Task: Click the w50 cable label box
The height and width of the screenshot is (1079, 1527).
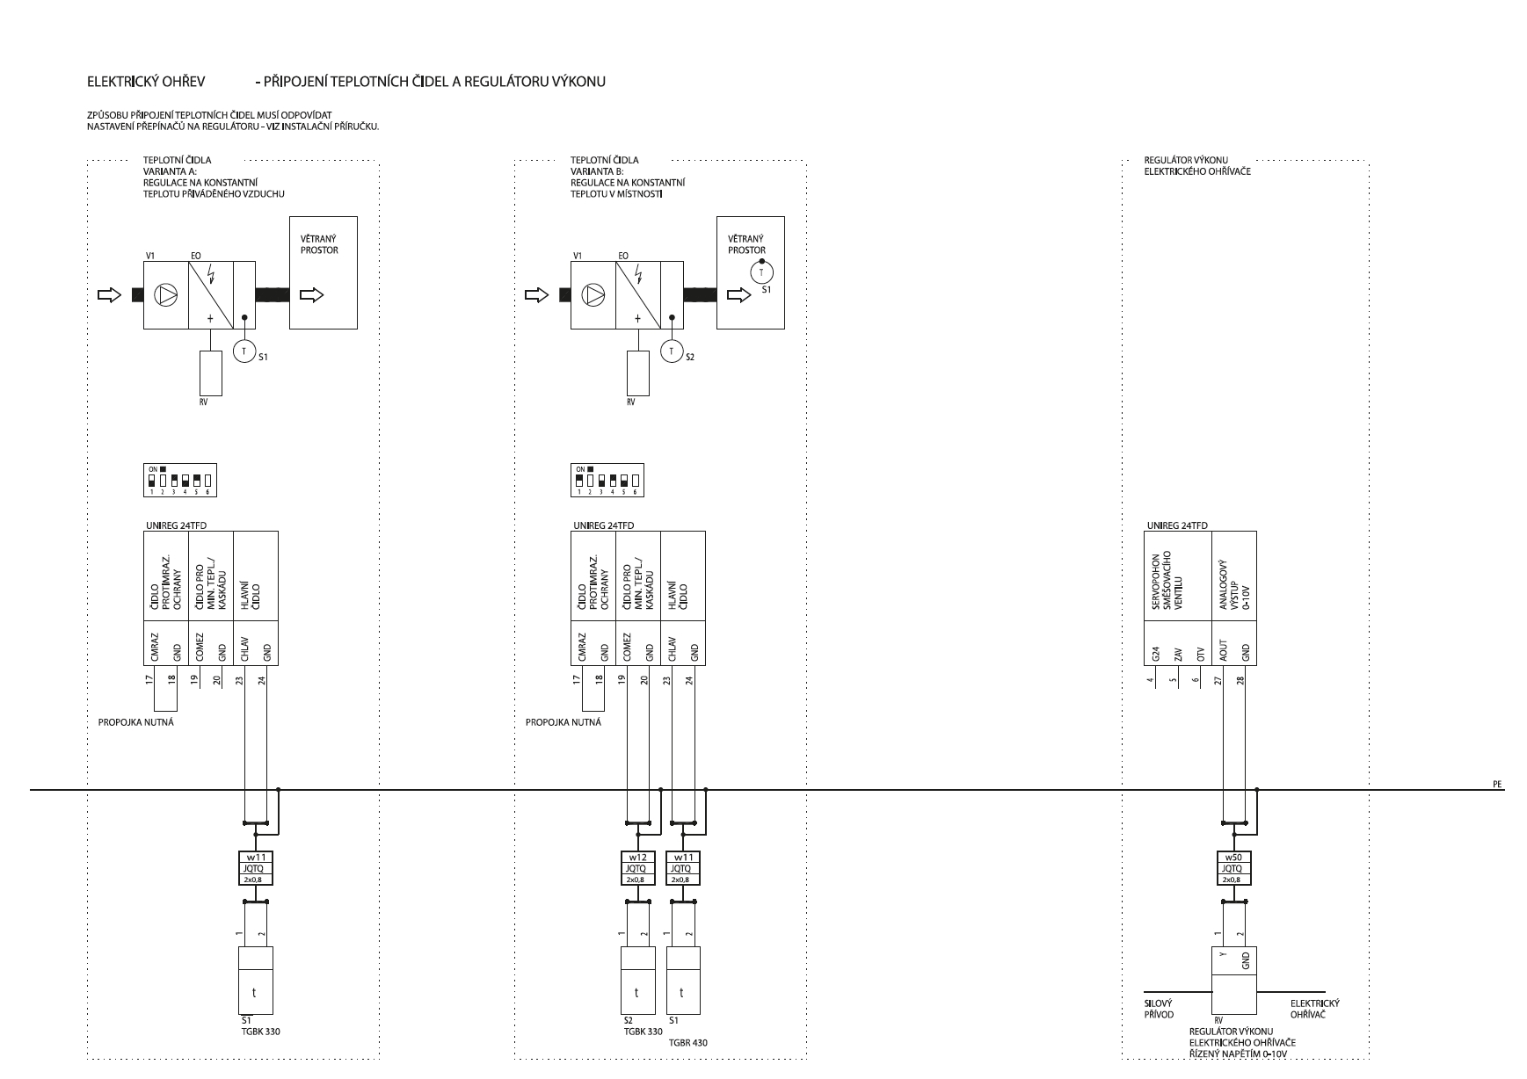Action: point(1233,868)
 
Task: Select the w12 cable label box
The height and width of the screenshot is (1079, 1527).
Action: point(637,868)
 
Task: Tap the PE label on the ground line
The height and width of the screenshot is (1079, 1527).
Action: point(1497,784)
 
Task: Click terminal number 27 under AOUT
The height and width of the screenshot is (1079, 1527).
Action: point(1218,679)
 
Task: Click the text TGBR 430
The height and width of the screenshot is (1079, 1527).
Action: point(687,1043)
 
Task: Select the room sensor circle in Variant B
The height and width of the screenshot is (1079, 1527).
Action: point(761,272)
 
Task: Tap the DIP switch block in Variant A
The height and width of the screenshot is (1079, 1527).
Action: point(182,482)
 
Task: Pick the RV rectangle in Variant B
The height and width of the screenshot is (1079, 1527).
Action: point(637,373)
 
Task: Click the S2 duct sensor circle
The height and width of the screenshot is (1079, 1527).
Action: point(672,351)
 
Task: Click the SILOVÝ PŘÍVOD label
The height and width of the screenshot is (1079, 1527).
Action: point(1159,1009)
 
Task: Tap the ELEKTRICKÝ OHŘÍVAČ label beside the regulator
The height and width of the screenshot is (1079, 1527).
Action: point(1314,1009)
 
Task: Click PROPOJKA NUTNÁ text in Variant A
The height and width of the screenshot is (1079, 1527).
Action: point(135,722)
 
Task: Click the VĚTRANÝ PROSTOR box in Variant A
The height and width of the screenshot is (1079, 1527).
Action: point(324,272)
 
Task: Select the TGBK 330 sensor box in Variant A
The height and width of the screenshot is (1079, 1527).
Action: point(255,981)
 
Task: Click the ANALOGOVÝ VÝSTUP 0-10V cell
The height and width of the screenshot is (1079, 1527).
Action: point(1233,576)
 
